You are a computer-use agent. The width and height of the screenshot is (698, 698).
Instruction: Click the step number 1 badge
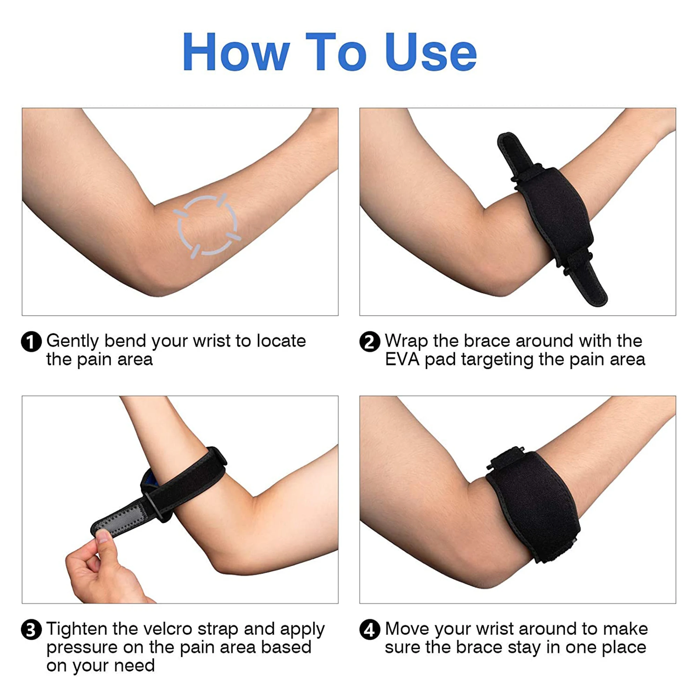pyautogui.click(x=31, y=341)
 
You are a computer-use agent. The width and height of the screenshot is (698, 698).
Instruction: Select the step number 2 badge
pyautogui.click(x=370, y=341)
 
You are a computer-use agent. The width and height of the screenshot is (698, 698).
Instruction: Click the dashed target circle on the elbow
pyautogui.click(x=207, y=226)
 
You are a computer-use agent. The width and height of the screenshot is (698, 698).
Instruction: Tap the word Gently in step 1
pyautogui.click(x=72, y=341)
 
